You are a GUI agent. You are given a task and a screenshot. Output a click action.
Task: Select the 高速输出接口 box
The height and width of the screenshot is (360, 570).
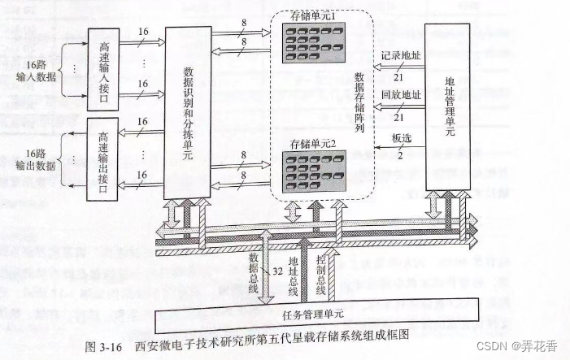click(102, 160)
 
